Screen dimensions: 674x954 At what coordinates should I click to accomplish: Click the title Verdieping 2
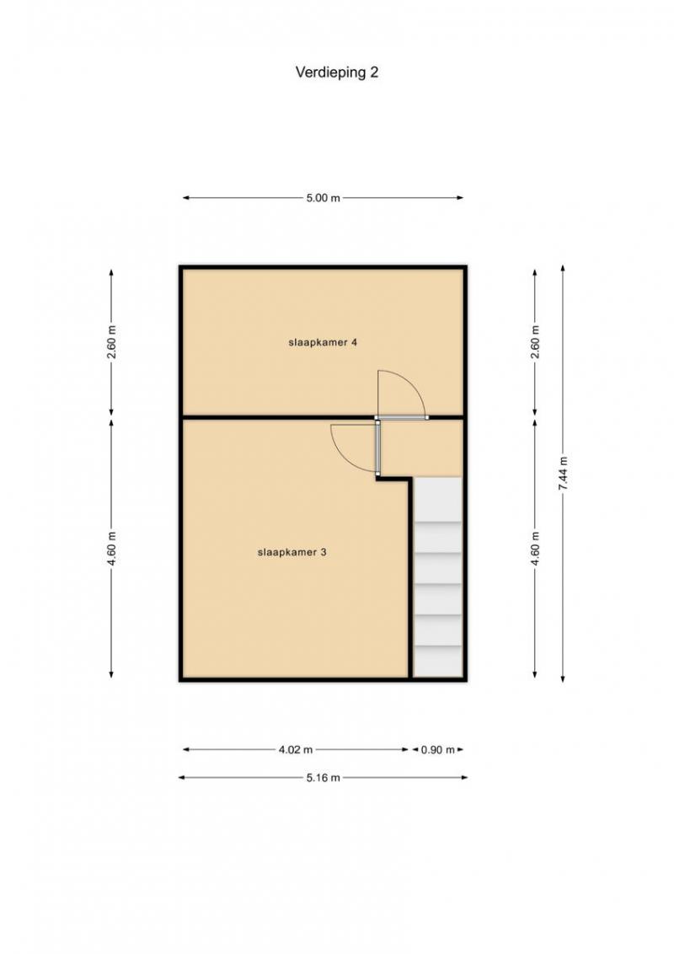[336, 72]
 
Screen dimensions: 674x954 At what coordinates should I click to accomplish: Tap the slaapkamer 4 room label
[323, 342]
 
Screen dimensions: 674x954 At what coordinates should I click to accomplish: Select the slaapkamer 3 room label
[292, 553]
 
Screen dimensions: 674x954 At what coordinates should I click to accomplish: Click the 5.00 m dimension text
[323, 198]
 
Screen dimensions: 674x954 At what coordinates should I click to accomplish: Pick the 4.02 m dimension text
[296, 749]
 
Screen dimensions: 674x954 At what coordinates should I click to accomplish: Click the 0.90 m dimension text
[438, 749]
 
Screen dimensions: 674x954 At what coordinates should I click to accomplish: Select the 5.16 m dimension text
[323, 777]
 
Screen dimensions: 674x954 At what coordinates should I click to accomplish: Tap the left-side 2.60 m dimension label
[111, 342]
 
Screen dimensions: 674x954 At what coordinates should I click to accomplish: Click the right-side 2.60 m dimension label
[535, 342]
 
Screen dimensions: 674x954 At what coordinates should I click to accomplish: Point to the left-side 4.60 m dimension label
[111, 548]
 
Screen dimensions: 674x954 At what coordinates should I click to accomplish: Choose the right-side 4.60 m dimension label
[535, 548]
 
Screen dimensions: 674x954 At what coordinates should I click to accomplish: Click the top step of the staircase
[437, 500]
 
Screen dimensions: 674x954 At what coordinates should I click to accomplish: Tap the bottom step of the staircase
[437, 662]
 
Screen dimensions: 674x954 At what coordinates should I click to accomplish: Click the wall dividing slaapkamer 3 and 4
[279, 417]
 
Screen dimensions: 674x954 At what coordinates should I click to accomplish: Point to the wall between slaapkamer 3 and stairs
[410, 578]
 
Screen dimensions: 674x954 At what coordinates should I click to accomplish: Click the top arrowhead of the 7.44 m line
[563, 268]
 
